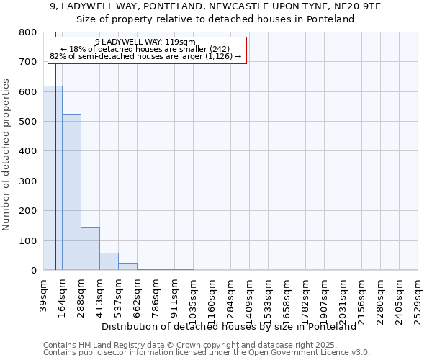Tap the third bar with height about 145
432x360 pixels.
coord(90,248)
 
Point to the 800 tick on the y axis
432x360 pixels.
coord(28,32)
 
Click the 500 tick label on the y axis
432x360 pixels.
coord(28,122)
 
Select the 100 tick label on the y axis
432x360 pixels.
coord(28,240)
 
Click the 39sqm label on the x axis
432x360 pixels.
coord(44,295)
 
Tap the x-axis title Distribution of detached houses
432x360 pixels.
coord(229,326)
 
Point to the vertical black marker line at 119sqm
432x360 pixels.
coord(55,180)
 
